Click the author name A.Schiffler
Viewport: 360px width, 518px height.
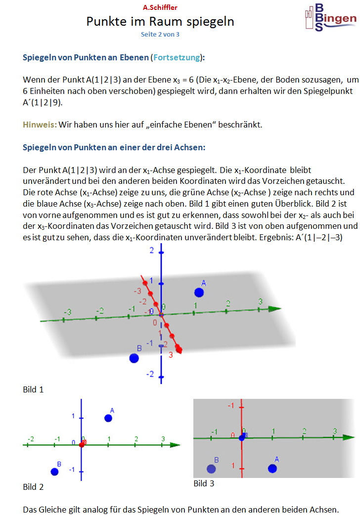click(160, 7)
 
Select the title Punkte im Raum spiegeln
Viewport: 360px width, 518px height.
click(160, 22)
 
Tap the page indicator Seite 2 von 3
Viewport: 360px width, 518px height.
click(160, 35)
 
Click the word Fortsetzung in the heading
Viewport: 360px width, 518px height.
click(177, 57)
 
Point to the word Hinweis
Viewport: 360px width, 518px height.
click(39, 125)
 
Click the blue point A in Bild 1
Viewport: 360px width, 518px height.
click(199, 292)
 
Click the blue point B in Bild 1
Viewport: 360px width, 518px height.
click(134, 357)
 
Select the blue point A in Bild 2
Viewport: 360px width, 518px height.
click(108, 418)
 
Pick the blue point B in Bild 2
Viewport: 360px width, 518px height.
click(54, 472)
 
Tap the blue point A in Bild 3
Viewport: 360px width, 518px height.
click(272, 468)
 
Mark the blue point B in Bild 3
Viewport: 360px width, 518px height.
click(212, 469)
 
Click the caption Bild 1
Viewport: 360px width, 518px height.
click(33, 389)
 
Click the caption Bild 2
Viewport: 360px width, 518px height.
click(33, 487)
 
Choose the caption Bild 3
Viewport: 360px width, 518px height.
click(204, 483)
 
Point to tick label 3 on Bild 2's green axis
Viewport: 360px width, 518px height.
click(163, 439)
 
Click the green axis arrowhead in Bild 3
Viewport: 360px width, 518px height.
click(349, 437)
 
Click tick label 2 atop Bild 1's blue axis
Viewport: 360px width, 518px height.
click(152, 251)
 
